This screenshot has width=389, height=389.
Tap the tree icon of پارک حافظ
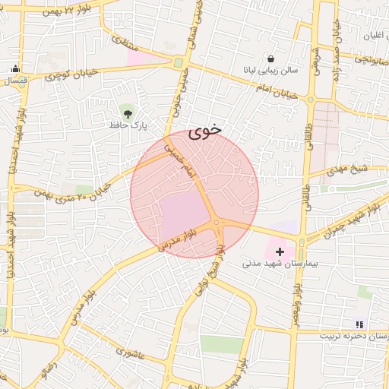point(126,111)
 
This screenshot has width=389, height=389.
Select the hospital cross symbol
point(280,251)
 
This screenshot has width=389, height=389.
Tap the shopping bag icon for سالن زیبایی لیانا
point(271,59)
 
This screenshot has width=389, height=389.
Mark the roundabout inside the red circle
point(218,223)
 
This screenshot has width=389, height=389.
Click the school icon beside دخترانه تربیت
point(359,324)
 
